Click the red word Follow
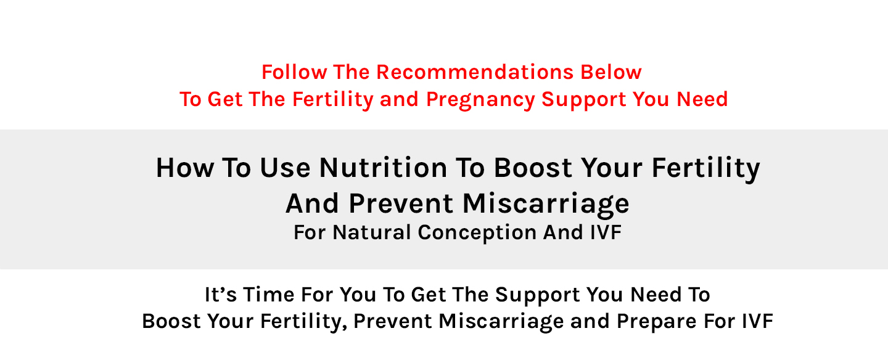click(x=294, y=72)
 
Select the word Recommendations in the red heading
click(x=475, y=72)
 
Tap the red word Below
click(x=611, y=72)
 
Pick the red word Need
click(x=702, y=99)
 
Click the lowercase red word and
click(x=399, y=99)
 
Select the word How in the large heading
click(x=185, y=168)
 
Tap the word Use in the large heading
click(x=285, y=168)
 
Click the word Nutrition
click(x=384, y=168)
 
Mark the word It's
click(x=220, y=295)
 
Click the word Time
click(x=268, y=295)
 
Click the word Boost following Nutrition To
click(x=532, y=168)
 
